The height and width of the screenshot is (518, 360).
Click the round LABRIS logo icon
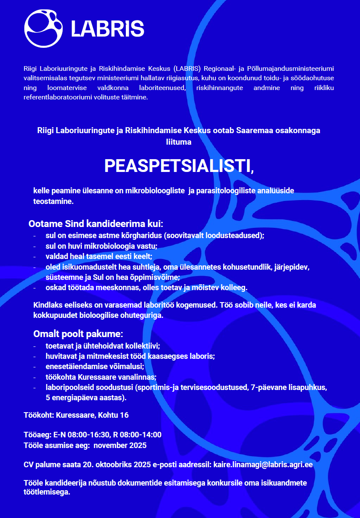44,28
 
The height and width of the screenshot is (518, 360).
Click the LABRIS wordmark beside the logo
107,29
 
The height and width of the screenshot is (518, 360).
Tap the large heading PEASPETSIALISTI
179,166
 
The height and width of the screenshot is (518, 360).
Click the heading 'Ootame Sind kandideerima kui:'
96,224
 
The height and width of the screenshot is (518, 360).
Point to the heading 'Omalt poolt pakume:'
78,334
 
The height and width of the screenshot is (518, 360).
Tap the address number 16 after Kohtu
124,415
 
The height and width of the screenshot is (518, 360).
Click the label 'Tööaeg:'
37,435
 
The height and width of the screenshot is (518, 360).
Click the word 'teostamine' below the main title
53,201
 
